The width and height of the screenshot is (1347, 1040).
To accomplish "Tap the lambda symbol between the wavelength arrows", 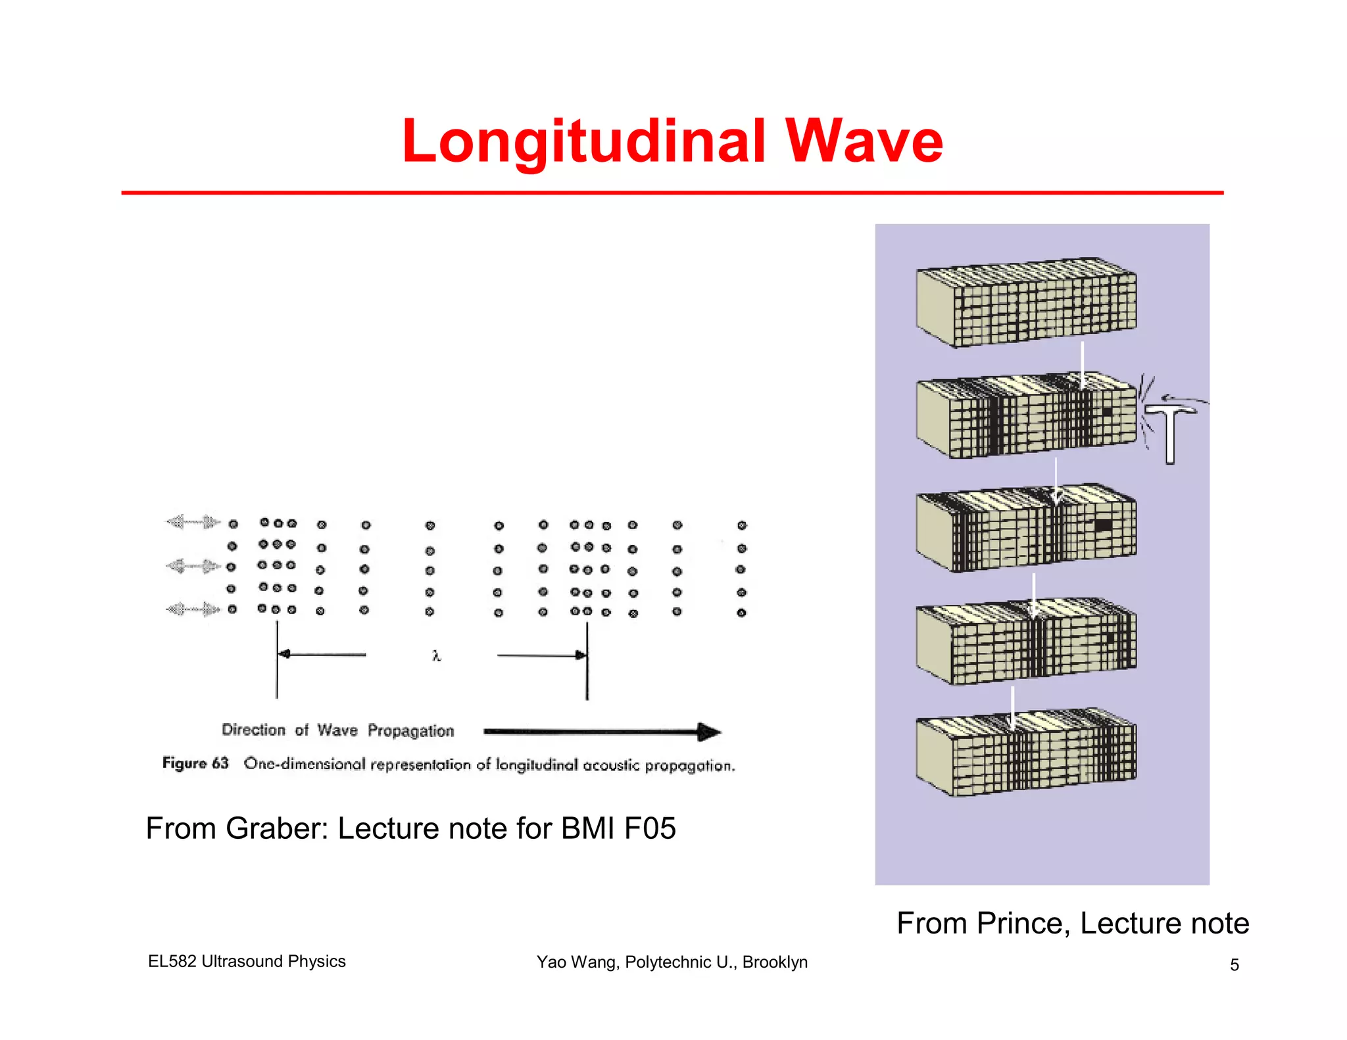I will click(436, 655).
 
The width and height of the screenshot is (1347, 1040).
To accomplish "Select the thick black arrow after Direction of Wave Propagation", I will click(601, 731).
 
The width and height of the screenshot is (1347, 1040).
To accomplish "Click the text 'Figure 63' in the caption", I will click(195, 763).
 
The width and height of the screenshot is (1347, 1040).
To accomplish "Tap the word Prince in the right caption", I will click(1018, 923).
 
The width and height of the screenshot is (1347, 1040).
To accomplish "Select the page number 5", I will click(1235, 964).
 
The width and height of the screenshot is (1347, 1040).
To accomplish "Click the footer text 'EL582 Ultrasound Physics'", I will click(247, 961).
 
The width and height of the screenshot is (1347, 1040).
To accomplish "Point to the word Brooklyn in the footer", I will click(775, 962).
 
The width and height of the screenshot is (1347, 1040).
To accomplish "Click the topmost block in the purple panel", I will click(1026, 302).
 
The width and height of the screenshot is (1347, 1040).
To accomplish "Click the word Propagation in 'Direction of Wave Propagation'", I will click(411, 731).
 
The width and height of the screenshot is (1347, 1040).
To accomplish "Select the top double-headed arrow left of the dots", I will click(192, 523).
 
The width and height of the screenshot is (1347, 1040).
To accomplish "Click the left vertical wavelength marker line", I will click(277, 661).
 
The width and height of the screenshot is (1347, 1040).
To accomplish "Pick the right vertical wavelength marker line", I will click(587, 661).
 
